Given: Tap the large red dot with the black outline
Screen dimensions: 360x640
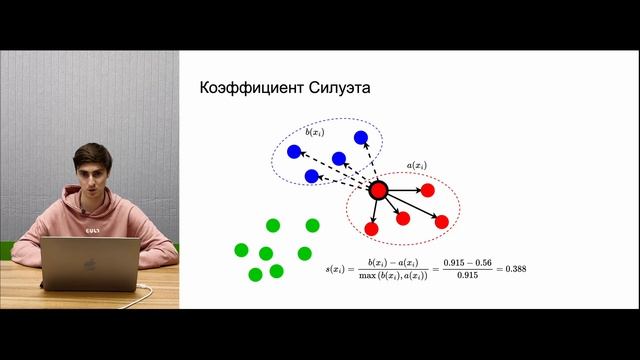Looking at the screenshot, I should point(378,190).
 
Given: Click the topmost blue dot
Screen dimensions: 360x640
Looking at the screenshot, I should point(361,138).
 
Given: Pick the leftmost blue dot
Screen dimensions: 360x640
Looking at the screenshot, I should point(294,152).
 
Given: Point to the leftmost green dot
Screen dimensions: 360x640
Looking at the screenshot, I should point(241,249).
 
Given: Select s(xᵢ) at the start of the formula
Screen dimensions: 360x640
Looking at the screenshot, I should point(342,269).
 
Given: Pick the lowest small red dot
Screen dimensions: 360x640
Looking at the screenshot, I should point(372,229).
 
